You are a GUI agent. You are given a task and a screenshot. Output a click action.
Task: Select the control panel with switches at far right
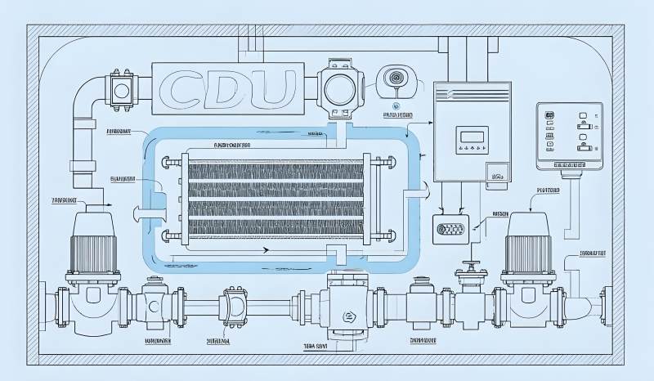[569, 136]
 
